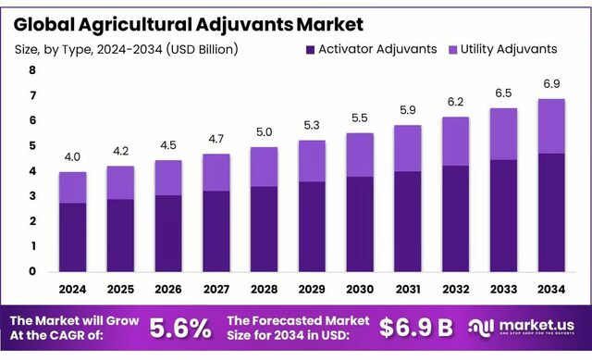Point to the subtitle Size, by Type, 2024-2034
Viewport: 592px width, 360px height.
[126, 48]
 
